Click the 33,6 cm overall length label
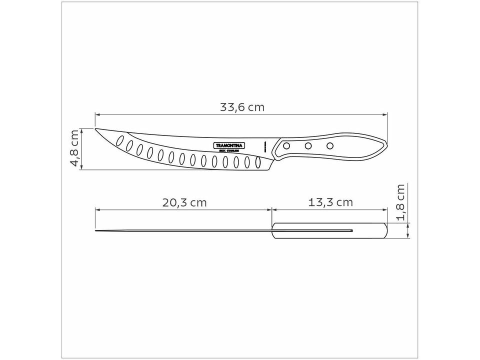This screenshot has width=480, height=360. tap(242, 107)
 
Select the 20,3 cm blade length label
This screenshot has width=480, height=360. tap(184, 202)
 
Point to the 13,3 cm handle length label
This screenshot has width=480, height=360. tap(330, 202)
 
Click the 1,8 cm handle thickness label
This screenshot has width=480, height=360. tap(400, 202)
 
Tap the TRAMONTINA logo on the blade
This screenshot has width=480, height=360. tap(229, 145)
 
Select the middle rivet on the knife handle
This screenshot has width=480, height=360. tap(308, 146)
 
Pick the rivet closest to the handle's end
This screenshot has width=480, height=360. tap(330, 145)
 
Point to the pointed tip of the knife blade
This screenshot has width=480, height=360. tap(96, 129)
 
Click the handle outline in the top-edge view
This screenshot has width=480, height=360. tap(330, 230)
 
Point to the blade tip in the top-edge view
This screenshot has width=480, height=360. tap(96, 230)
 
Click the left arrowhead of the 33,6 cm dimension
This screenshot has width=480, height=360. tap(97, 114)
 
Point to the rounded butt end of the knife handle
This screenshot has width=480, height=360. tap(385, 145)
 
